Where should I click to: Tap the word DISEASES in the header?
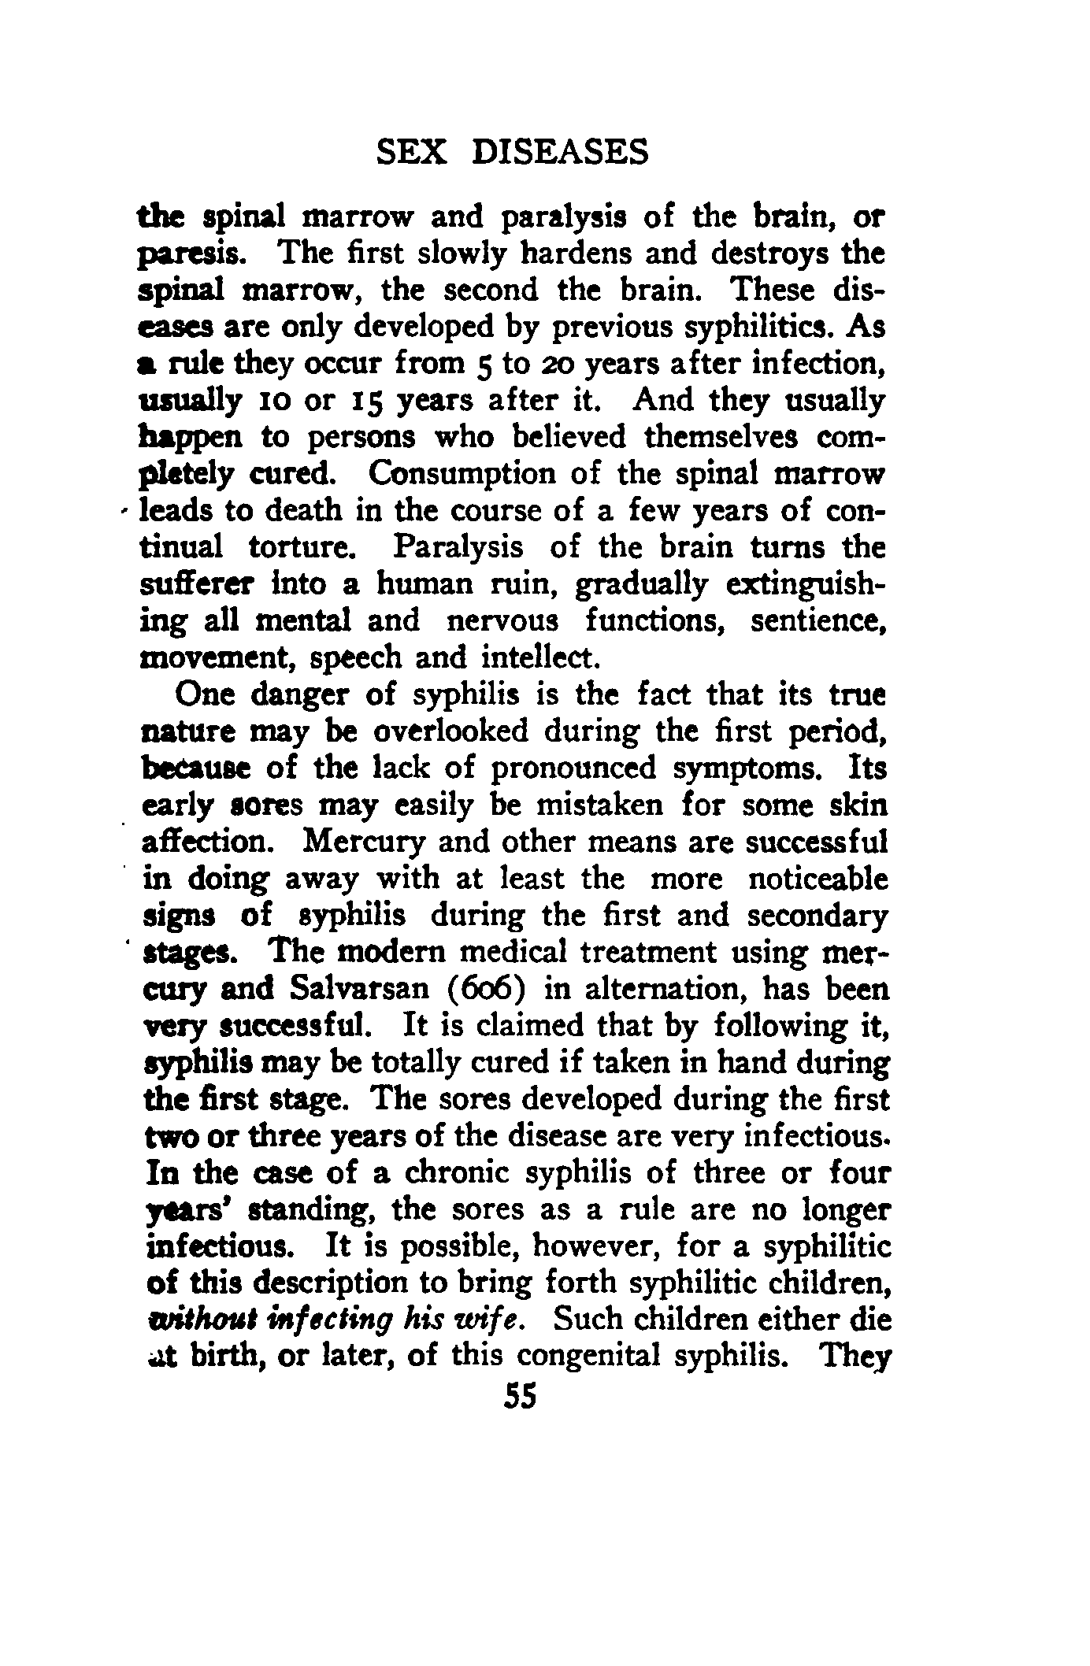(559, 151)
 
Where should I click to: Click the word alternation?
(658, 989)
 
